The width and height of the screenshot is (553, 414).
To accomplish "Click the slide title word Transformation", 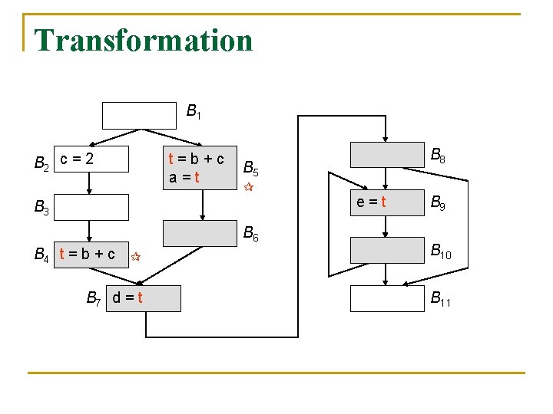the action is pos(144,40).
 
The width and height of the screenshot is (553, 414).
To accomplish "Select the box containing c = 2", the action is pos(91,159).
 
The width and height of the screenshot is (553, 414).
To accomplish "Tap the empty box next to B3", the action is pos(91,207).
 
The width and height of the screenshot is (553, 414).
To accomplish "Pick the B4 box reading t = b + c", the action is pos(91,255).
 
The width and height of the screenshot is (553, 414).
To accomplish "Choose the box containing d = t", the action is pos(144,298).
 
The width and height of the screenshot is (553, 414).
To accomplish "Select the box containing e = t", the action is pos(386,202).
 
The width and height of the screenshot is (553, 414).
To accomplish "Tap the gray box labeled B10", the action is pos(386,250).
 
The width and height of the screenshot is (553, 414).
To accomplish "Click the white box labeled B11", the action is pos(386,298).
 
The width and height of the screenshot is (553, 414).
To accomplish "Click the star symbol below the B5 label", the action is pos(248,187).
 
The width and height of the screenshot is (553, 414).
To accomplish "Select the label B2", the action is pos(42,163).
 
